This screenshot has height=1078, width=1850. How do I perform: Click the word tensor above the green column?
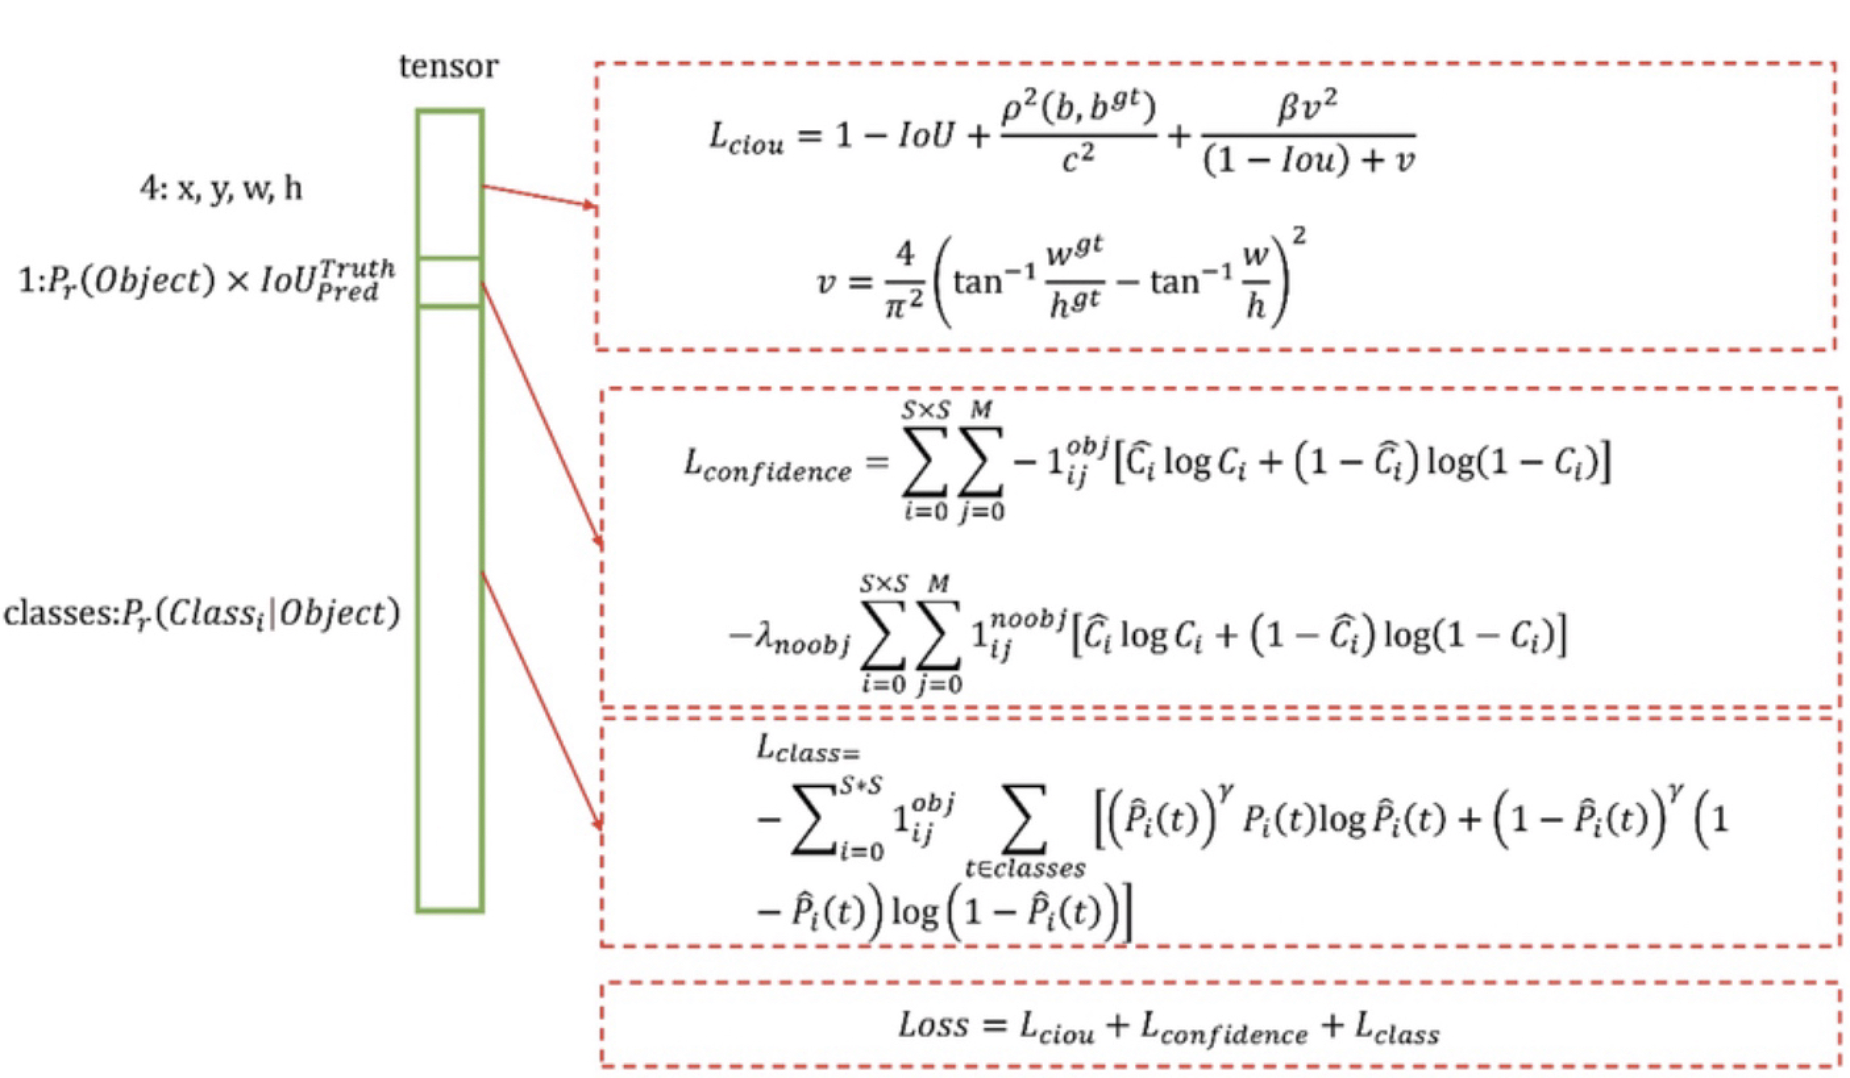(448, 66)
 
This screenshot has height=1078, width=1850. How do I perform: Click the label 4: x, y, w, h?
(221, 189)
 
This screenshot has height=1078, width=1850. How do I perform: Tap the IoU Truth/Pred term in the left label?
(327, 281)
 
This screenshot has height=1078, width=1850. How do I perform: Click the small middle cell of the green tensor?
(449, 282)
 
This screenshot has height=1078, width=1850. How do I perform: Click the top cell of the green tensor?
(449, 184)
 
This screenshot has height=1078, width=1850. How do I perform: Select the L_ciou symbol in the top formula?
(745, 138)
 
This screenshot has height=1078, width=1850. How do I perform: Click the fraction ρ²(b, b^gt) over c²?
(1078, 135)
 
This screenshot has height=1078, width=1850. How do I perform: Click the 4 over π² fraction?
(905, 282)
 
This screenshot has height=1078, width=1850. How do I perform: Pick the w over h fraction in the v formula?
(1256, 282)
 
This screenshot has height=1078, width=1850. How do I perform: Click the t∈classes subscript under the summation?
(1025, 869)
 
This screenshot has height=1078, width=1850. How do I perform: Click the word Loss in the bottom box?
(933, 1025)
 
